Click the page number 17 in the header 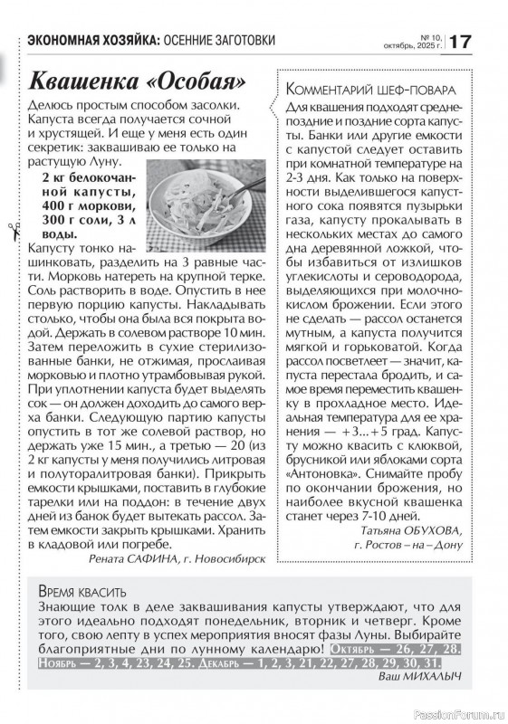pyautogui.click(x=460, y=42)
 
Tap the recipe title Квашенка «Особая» pyautogui.click(x=137, y=82)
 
